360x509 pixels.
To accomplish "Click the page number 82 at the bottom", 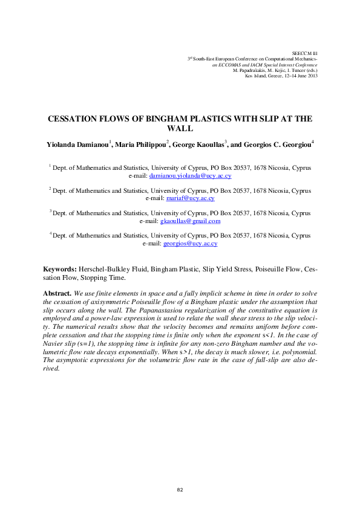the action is pyautogui.click(x=180, y=489).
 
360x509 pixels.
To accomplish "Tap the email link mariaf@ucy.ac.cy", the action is pyautogui.click(x=190, y=198).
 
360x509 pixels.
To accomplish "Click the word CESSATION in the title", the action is pyautogui.click(x=76, y=119).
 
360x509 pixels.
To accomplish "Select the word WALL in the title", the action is pyautogui.click(x=180, y=129).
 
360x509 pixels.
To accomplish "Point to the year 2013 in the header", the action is pyautogui.click(x=311, y=76).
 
